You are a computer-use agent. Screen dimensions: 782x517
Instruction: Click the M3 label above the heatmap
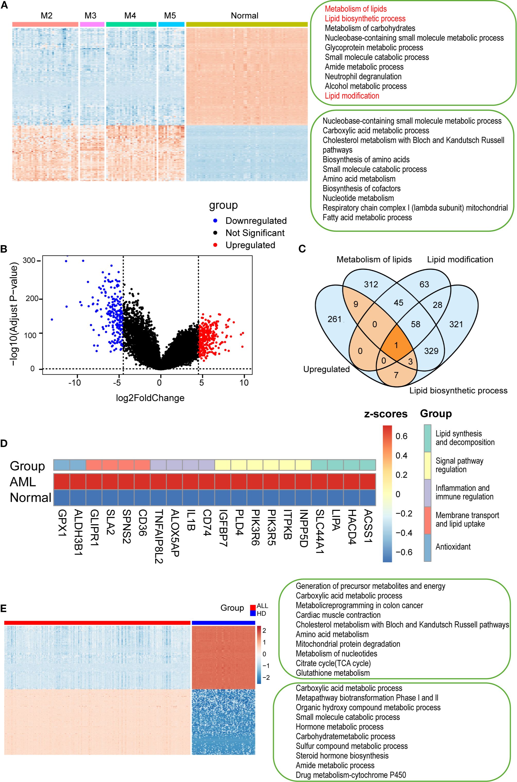90,15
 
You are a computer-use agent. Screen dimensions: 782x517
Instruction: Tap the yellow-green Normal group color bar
247,24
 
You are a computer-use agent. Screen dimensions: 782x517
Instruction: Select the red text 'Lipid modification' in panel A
352,96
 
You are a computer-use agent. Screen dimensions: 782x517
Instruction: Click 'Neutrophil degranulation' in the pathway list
363,76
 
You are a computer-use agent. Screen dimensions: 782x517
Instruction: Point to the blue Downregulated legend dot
215,221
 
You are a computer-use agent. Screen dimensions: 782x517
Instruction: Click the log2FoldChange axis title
150,398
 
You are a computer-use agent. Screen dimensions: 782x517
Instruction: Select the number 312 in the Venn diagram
371,284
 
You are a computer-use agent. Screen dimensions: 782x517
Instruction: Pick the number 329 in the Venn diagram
431,351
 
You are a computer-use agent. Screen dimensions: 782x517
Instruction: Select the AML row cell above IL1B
191,482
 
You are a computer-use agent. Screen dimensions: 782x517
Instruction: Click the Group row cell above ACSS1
367,465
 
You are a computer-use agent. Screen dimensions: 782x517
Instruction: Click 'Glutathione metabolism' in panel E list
332,673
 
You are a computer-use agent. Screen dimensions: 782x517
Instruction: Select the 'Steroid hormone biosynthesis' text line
342,756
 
